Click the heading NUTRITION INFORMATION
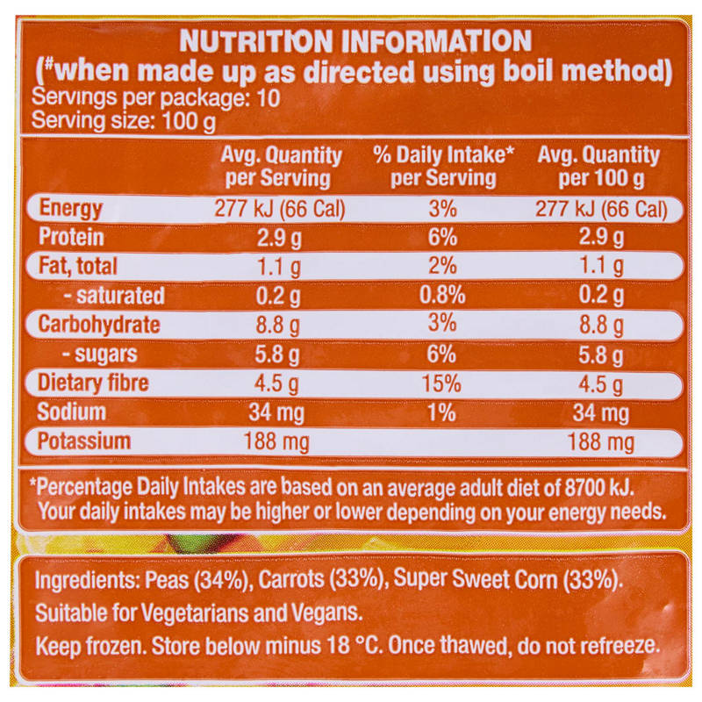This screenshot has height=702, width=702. tap(355, 40)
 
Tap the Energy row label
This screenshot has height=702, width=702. tap(71, 209)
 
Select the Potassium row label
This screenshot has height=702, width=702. tap(84, 441)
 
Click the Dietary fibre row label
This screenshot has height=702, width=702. tap(93, 383)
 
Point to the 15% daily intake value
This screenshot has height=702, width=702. tap(441, 383)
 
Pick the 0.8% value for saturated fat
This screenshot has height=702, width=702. tap(442, 295)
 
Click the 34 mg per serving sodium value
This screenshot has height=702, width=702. tap(276, 412)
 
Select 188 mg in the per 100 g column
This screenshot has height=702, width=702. tap(601, 442)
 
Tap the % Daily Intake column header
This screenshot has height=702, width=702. tap(443, 166)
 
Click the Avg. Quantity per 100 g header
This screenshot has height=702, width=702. tap(598, 167)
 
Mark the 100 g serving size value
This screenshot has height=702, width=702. tap(189, 121)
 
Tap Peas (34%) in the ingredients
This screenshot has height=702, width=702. tap(197, 580)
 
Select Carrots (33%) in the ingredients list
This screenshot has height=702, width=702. tap(322, 579)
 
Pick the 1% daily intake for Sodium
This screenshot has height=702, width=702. tap(442, 412)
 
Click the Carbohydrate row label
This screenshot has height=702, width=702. tap(99, 325)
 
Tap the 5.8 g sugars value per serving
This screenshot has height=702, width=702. tap(277, 355)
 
